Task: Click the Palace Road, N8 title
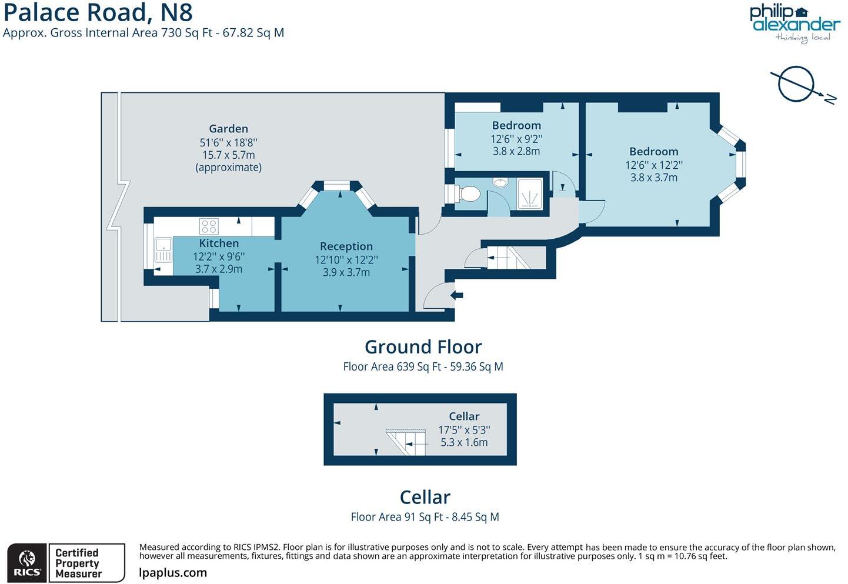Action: pos(98,12)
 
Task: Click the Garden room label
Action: pos(228,129)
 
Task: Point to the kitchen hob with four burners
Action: pos(209,226)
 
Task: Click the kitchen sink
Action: pos(163,250)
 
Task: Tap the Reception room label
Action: pos(346,246)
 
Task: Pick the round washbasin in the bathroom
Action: pos(500,182)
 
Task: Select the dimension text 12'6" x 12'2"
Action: pos(653,165)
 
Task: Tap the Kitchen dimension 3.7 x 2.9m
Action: pos(219,269)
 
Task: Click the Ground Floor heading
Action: pos(423,347)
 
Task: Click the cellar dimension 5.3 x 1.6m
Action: pos(464,442)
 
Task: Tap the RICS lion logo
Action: pos(27,563)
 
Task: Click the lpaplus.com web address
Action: pos(173,572)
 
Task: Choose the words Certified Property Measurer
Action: pos(78,563)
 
